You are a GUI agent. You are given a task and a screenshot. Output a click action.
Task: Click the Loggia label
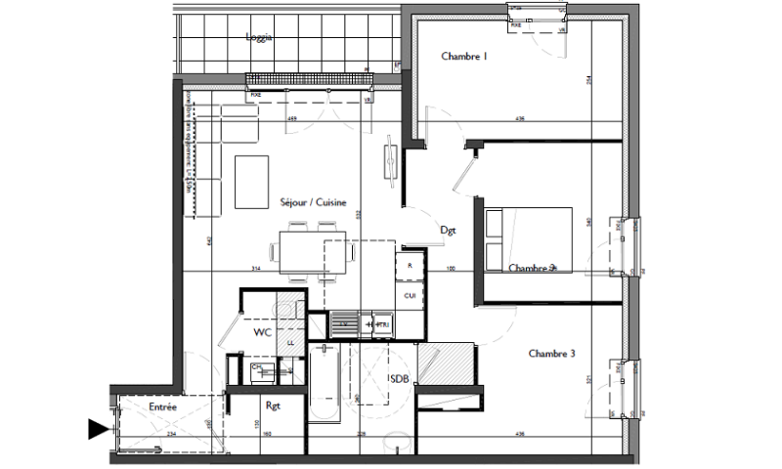258,37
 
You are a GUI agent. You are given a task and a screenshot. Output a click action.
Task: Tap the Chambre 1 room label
463,57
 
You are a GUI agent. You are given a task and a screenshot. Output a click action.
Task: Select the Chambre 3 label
552,353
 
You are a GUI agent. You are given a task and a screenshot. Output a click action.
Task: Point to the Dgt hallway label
449,232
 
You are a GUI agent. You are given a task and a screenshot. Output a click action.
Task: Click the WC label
261,333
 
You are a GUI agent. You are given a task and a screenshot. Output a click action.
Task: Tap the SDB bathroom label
399,378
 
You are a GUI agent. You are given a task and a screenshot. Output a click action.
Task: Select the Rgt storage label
274,405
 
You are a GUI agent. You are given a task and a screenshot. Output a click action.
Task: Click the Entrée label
162,405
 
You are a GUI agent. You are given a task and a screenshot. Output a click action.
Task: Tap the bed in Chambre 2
529,238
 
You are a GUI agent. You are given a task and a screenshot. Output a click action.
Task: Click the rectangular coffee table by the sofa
252,182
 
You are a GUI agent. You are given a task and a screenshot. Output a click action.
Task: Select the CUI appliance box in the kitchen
410,295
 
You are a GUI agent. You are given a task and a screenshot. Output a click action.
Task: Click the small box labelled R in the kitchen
410,265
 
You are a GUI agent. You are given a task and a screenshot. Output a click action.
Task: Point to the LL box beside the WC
290,342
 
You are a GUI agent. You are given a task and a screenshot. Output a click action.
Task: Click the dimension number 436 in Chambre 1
520,119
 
